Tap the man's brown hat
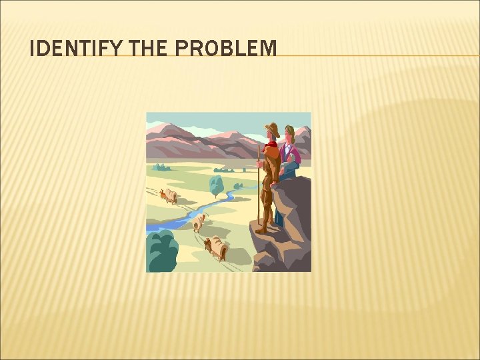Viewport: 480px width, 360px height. [x=271, y=129]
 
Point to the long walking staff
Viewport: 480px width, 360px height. [x=259, y=187]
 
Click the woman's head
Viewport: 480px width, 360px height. [x=289, y=132]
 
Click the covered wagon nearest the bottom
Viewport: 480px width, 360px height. [x=217, y=248]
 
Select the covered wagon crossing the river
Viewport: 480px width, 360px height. [x=199, y=221]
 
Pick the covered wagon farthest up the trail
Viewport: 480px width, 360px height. [x=170, y=195]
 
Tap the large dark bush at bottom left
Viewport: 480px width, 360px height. [x=162, y=252]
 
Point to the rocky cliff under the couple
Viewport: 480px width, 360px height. [x=283, y=227]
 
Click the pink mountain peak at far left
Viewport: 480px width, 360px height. [x=160, y=127]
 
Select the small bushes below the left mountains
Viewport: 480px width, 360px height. [x=161, y=167]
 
